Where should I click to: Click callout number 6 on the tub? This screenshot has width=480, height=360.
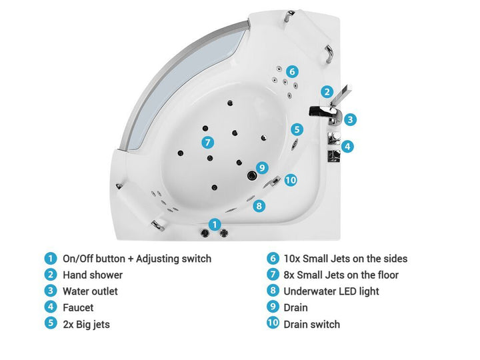coord(292,71)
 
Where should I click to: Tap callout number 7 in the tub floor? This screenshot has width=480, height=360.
coord(208,143)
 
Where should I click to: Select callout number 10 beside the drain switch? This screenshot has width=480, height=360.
coord(291,180)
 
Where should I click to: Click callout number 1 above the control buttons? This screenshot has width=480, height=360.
coord(215,225)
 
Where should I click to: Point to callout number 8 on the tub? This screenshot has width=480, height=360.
coord(259,206)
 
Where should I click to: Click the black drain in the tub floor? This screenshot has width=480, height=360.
coord(252,175)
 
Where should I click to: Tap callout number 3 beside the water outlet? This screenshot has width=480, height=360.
coord(350,119)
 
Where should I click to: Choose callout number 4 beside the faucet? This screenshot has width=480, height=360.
coord(347,146)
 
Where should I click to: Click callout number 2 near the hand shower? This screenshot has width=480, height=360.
coord(327,91)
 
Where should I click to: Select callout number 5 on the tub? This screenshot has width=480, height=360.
coord(297,129)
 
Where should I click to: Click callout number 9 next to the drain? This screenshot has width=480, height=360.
coord(262,167)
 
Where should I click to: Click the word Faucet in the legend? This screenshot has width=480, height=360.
coord(78,307)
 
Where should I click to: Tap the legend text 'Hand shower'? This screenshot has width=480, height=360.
coord(93,275)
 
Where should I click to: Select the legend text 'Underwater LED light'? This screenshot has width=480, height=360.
coord(331,291)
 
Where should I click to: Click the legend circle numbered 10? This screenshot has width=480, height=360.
coord(273,323)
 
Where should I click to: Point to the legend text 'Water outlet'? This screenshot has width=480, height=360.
coord(90,291)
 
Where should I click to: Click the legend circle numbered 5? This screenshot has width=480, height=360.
coord(51,323)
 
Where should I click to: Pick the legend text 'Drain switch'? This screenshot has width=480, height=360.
coord(311,324)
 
